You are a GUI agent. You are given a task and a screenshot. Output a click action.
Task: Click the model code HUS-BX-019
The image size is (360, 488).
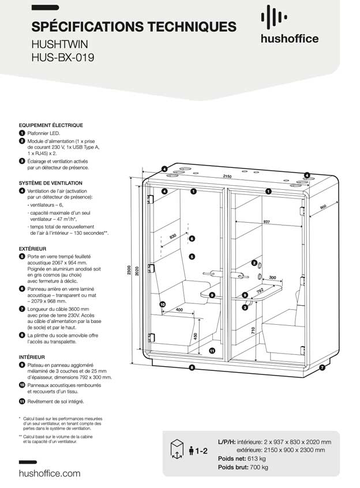63,57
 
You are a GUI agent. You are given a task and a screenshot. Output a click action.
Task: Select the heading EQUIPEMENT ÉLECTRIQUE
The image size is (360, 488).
51,125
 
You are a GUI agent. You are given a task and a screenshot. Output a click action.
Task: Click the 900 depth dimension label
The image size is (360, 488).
322,208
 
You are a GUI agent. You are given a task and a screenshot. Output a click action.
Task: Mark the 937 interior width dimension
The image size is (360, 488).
266,222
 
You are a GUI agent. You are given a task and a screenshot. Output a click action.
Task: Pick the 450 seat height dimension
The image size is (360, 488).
195,337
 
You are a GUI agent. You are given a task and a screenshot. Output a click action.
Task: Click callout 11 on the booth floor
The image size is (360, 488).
212,350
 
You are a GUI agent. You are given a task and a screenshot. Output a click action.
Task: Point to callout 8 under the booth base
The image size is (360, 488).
192,367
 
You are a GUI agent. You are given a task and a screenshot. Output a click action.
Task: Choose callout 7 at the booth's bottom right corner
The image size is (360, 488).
322,367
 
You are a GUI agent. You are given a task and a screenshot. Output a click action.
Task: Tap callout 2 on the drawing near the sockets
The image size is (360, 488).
253,263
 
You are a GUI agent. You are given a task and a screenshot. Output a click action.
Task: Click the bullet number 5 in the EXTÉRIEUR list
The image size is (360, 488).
21,256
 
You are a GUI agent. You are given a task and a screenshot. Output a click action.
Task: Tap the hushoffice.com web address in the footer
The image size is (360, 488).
50,473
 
